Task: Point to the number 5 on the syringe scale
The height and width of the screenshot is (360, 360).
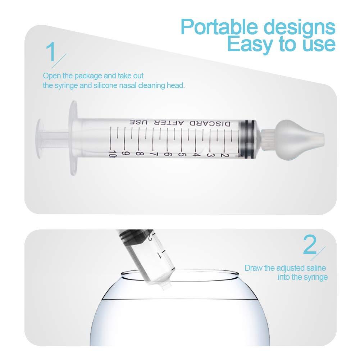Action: [x=182, y=154]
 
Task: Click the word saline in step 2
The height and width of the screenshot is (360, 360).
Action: [x=317, y=268]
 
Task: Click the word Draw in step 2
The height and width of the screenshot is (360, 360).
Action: [x=252, y=268]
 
